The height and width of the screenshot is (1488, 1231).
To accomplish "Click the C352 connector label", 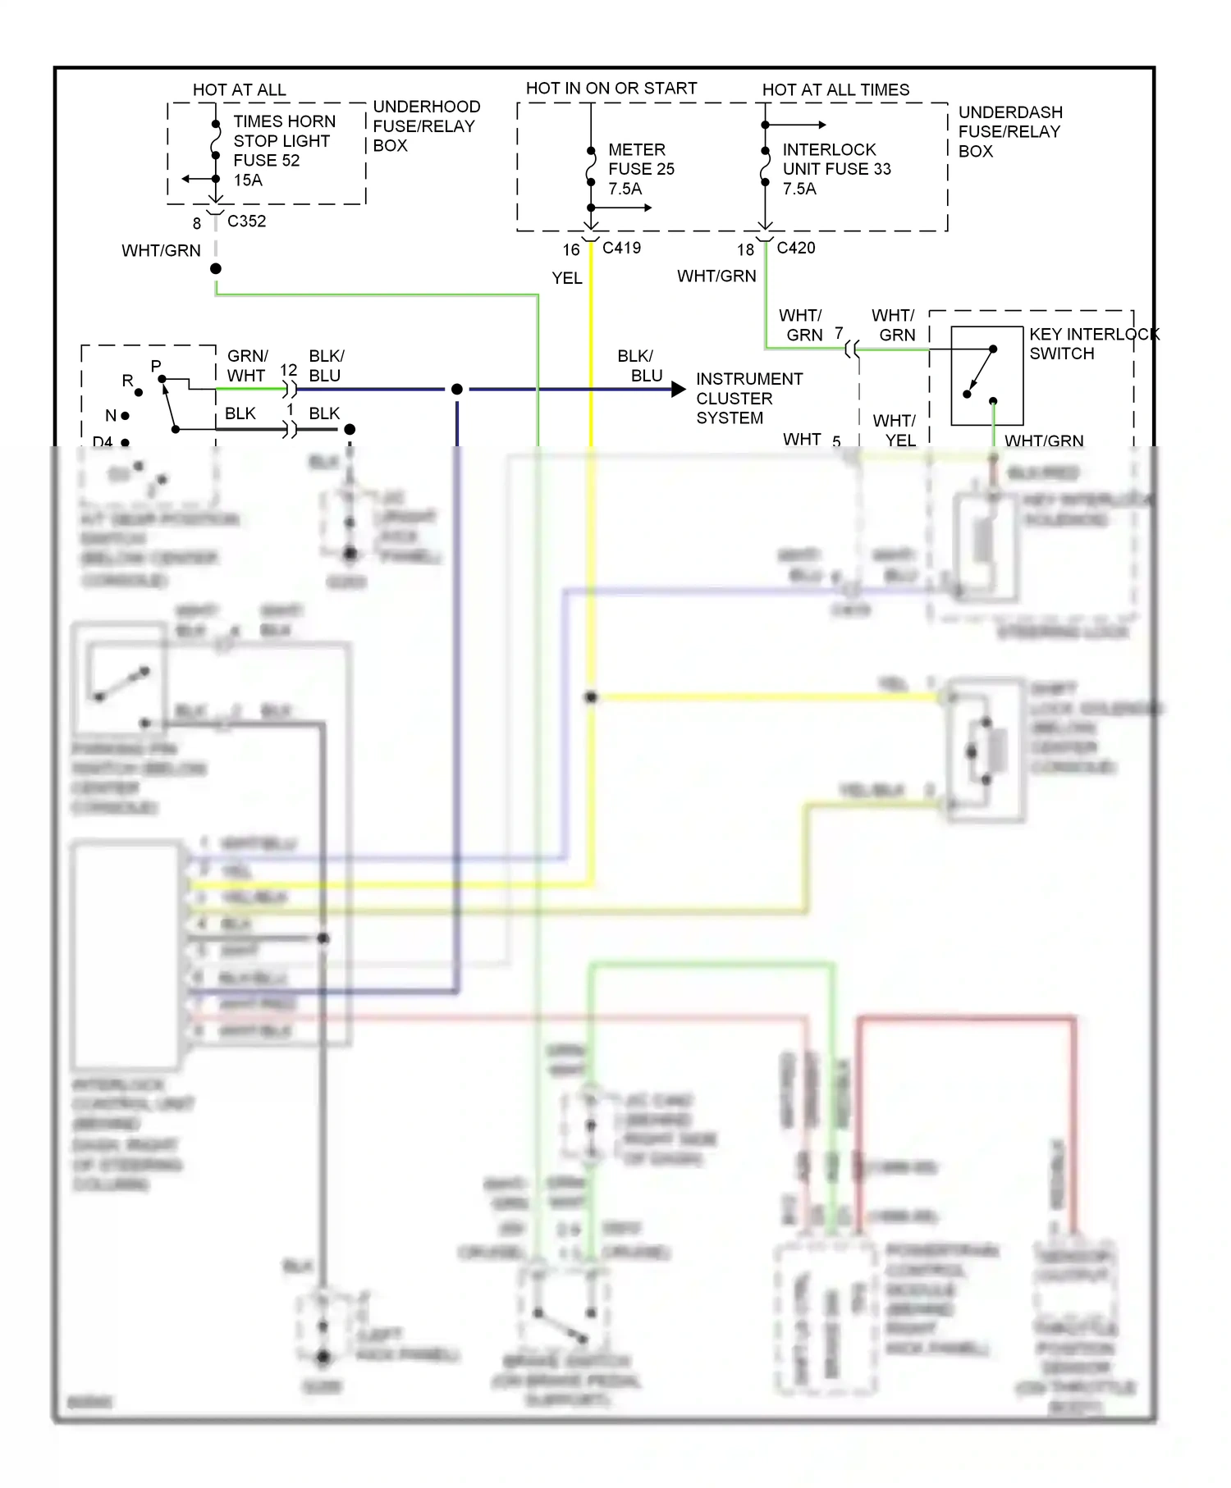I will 246,221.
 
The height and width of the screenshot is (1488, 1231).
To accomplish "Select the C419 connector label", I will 621,248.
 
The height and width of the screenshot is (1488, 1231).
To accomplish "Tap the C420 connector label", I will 795,248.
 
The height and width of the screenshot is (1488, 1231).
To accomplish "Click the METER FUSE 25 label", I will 640,169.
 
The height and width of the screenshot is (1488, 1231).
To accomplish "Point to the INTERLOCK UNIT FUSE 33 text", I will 835,169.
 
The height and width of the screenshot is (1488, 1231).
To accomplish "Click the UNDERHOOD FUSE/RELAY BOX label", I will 425,126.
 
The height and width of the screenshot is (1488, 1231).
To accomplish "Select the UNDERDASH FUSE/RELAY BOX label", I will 1009,131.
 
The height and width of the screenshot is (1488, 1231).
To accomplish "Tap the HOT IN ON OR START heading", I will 611,89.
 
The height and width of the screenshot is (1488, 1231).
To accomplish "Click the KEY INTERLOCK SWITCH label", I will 1093,344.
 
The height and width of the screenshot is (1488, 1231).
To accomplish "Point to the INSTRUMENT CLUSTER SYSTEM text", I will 748,399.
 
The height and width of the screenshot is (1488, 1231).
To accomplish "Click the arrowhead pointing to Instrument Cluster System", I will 678,390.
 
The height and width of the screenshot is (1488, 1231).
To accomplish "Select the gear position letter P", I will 156,366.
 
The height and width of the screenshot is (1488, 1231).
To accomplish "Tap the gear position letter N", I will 110,416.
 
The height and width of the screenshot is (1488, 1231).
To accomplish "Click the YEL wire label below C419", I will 566,278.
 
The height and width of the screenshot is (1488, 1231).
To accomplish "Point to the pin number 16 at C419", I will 570,249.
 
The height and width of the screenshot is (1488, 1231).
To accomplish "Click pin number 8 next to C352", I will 197,223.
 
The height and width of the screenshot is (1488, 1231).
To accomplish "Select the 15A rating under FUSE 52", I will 248,180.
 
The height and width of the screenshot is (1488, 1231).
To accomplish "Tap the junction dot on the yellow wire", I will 591,697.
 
